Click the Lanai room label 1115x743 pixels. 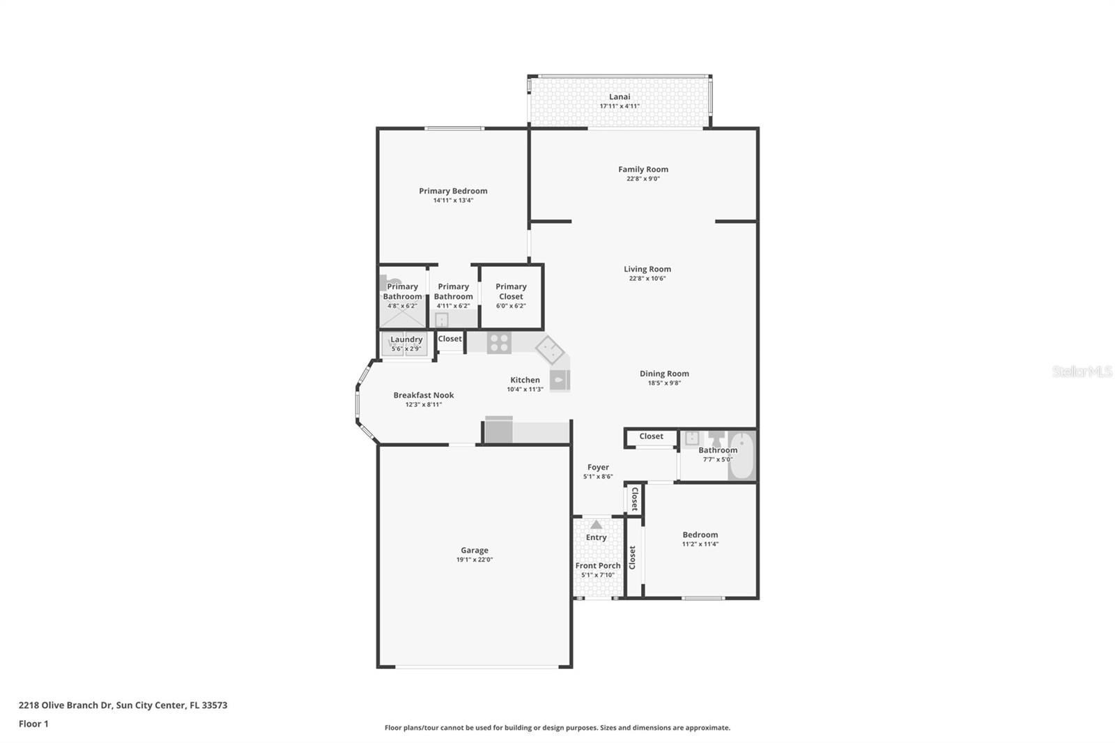point(620,97)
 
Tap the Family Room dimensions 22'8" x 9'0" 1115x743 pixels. point(643,179)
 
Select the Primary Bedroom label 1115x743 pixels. point(453,191)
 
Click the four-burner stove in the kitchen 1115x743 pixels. point(499,343)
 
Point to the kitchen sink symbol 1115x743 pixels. point(560,380)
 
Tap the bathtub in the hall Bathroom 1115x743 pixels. point(742,456)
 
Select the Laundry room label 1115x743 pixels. point(406,339)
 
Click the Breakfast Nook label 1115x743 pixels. point(423,395)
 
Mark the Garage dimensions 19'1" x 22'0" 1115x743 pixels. point(474,560)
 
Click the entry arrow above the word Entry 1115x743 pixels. point(596,525)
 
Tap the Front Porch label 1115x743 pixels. point(597,566)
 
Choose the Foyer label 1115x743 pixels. point(598,468)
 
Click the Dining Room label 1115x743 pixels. point(664,374)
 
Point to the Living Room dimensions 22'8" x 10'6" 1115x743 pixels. point(647,279)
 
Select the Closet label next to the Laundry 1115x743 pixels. point(449,339)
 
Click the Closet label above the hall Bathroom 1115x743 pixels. point(651,436)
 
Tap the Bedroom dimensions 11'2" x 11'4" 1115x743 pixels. point(700,544)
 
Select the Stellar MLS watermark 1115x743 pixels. point(1082,371)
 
